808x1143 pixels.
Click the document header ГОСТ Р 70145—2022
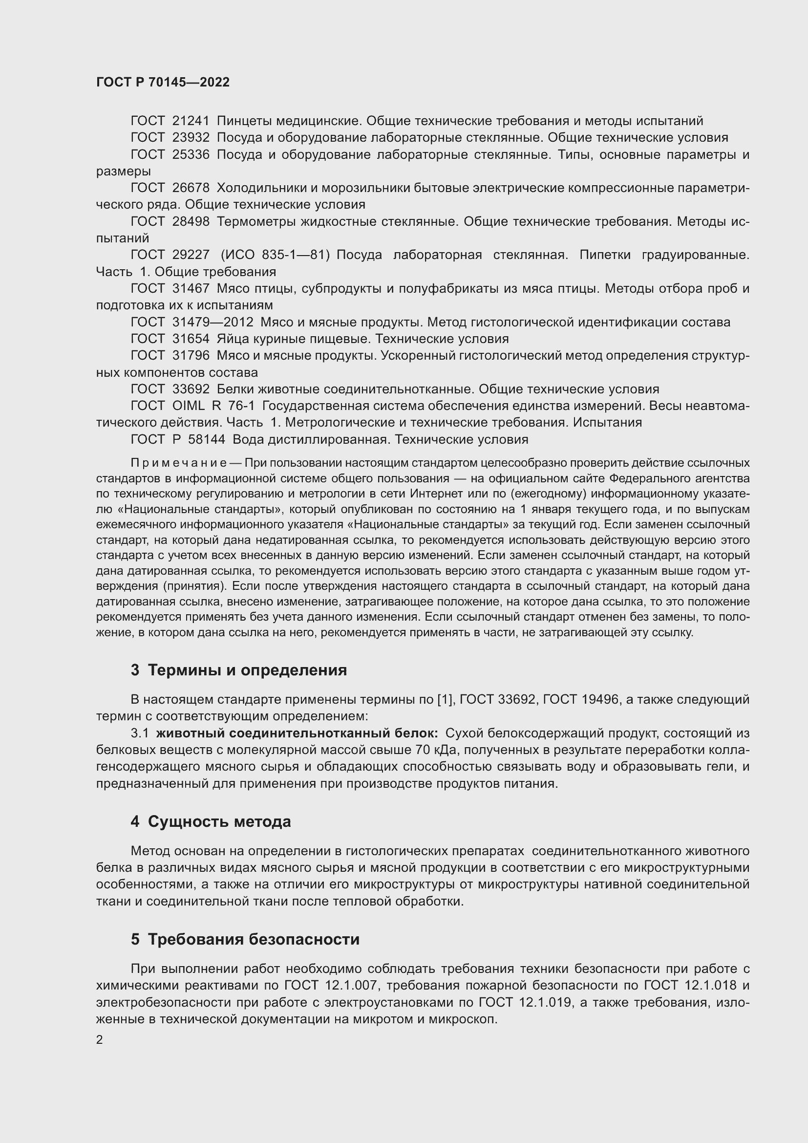163,83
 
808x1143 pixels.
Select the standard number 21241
191,121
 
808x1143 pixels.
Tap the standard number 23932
191,138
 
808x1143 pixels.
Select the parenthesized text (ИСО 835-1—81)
275,255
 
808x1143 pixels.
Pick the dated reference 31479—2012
213,323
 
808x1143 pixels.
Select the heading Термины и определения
247,670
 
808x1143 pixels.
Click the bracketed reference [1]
444,699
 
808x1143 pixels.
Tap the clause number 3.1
140,733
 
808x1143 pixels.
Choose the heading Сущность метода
219,821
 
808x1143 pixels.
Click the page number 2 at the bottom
100,1040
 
